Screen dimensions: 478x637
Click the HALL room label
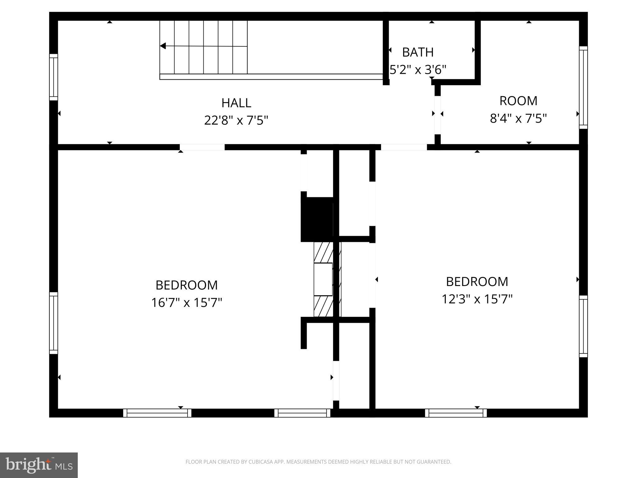236,103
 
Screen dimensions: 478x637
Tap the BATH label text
418,52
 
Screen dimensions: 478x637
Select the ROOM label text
518,101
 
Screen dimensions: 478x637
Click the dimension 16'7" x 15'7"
187,302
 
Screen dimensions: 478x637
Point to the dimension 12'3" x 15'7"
477,299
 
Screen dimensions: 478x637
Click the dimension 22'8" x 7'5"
236,120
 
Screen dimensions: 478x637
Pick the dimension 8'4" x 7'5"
518,119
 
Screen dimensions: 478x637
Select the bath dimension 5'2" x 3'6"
418,70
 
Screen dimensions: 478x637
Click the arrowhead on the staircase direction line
163,46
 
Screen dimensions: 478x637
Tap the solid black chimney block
317,219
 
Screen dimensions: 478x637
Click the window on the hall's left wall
53,77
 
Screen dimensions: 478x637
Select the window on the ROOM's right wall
583,87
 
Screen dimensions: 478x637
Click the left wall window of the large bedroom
53,323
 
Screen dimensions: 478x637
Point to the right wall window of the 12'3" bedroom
583,326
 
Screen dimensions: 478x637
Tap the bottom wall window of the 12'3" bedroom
456,413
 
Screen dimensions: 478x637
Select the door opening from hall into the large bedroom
202,147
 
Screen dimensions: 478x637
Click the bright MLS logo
39,465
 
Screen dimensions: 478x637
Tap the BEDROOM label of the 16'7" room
187,285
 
